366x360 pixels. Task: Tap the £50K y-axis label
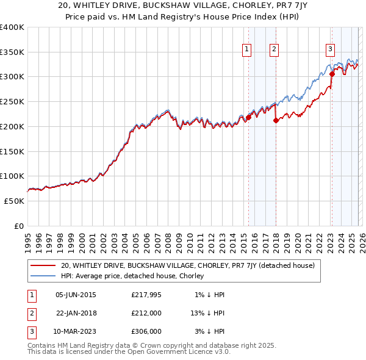pyautogui.click(x=14, y=201)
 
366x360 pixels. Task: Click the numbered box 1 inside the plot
pyautogui.click(x=247, y=50)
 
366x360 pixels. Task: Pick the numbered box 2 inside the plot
pyautogui.click(x=274, y=50)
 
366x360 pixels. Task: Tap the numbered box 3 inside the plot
pyautogui.click(x=330, y=50)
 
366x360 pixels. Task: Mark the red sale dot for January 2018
pyautogui.click(x=275, y=121)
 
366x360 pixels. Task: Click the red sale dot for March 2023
pyautogui.click(x=332, y=74)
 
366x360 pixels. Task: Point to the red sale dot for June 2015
pyautogui.click(x=248, y=118)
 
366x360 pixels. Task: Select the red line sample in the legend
pyautogui.click(x=43, y=265)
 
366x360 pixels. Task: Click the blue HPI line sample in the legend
pyautogui.click(x=43, y=276)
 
